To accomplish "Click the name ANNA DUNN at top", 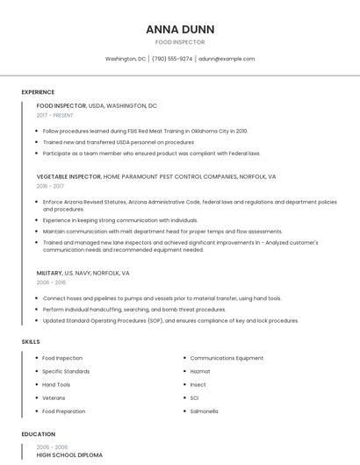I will pos(180,29).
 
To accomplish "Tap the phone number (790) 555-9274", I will pos(172,59).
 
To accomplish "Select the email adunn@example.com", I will pos(227,59).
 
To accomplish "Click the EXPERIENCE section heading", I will pos(38,92).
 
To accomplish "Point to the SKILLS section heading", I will pos(30,341).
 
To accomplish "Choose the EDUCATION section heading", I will pos(38,434).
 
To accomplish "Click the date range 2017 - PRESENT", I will pos(54,115).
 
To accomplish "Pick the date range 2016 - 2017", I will pos(50,186).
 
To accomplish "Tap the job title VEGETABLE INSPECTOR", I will pos(68,176).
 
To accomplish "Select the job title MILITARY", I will pos(49,273).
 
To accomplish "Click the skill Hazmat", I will pos(199,371).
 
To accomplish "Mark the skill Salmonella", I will pos(204,411).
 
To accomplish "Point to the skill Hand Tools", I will pos(56,384).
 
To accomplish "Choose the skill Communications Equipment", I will pos(227,358).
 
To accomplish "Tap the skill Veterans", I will pos(54,398).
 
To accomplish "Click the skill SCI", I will pos(194,398).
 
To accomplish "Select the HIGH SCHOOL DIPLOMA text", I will pos(69,455).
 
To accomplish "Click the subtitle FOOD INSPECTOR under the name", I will pos(180,42).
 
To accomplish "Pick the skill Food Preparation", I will pos(63,411).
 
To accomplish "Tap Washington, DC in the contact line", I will pos(126,59).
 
